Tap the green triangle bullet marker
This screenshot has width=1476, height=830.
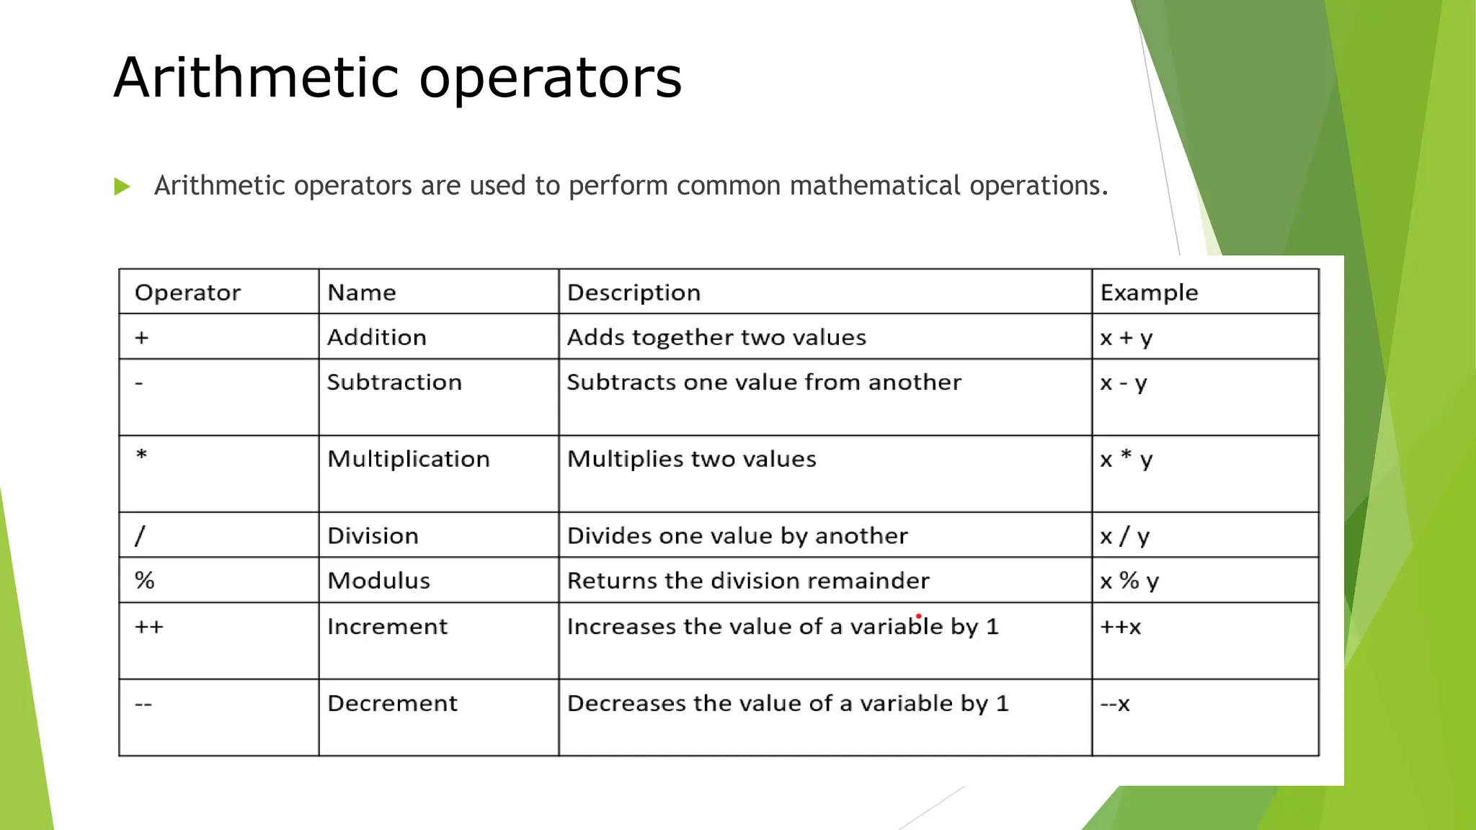point(122,187)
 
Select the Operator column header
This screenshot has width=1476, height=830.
point(187,293)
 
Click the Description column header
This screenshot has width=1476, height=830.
point(633,293)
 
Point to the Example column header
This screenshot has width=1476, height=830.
point(1149,293)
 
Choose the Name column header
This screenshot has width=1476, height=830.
point(361,293)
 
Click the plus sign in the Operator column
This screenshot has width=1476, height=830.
point(142,337)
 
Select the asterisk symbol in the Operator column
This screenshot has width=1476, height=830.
point(142,455)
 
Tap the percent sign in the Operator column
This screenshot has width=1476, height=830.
point(145,581)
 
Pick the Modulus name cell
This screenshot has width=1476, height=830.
point(378,581)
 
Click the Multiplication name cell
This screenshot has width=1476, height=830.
point(408,459)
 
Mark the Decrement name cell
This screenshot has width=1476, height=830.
point(392,703)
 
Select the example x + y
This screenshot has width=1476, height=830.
point(1126,338)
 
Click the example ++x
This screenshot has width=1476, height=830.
point(1121,627)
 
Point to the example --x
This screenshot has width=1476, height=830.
point(1115,703)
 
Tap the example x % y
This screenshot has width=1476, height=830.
point(1129,581)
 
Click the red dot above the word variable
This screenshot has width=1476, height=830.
point(919,617)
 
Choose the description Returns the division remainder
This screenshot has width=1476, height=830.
point(748,581)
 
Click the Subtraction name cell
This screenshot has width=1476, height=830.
point(394,382)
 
